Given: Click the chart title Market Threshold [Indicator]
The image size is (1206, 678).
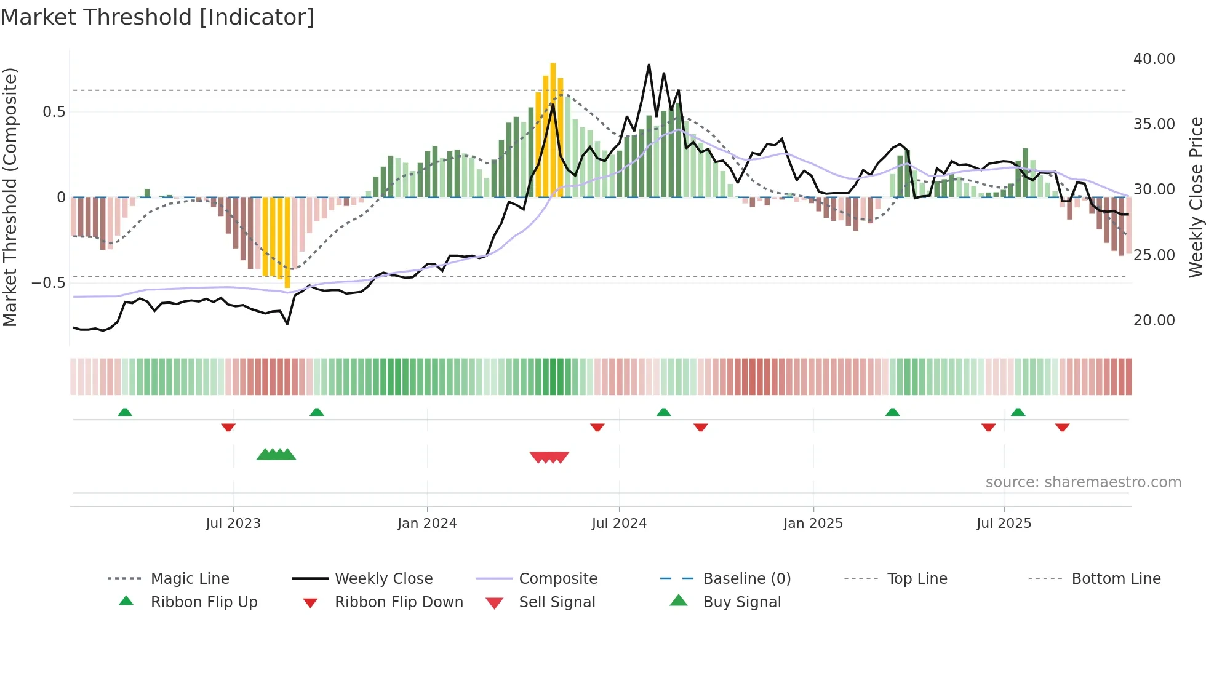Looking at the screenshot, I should pos(158,17).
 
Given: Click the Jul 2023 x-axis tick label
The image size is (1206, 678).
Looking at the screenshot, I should pos(233,524).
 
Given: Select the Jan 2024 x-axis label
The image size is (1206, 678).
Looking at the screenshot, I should pos(427,524).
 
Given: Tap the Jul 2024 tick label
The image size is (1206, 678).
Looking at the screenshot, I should pos(619,524).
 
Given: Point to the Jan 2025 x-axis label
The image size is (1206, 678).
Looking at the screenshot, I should pos(813,524).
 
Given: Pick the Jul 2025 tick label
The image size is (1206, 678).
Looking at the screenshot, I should pos(1004,524).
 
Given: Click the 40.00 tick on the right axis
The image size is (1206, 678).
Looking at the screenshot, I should pos(1154,59).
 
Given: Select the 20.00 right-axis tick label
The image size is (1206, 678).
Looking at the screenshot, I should pos(1154,321).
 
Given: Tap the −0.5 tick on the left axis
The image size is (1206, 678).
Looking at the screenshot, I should pos(49,283).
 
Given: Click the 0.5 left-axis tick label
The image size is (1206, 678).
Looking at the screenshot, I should pos(54,112).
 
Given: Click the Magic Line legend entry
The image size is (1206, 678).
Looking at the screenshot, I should pos(190,579).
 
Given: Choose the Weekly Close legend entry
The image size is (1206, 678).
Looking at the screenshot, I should pos(383,579).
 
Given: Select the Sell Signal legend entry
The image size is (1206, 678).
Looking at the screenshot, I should pos(557,602).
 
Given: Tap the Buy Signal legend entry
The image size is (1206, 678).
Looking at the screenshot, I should pos(741,602).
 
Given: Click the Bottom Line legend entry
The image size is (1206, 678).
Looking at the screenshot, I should pos(1116,579).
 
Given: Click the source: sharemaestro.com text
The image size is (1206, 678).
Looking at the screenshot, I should pos(1083,482).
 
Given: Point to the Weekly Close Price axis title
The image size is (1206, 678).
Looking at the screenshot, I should pos(1196,197).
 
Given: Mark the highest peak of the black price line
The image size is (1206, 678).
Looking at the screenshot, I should pos(649,65).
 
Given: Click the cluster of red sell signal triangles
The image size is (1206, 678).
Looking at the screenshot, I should pos(549,457).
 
